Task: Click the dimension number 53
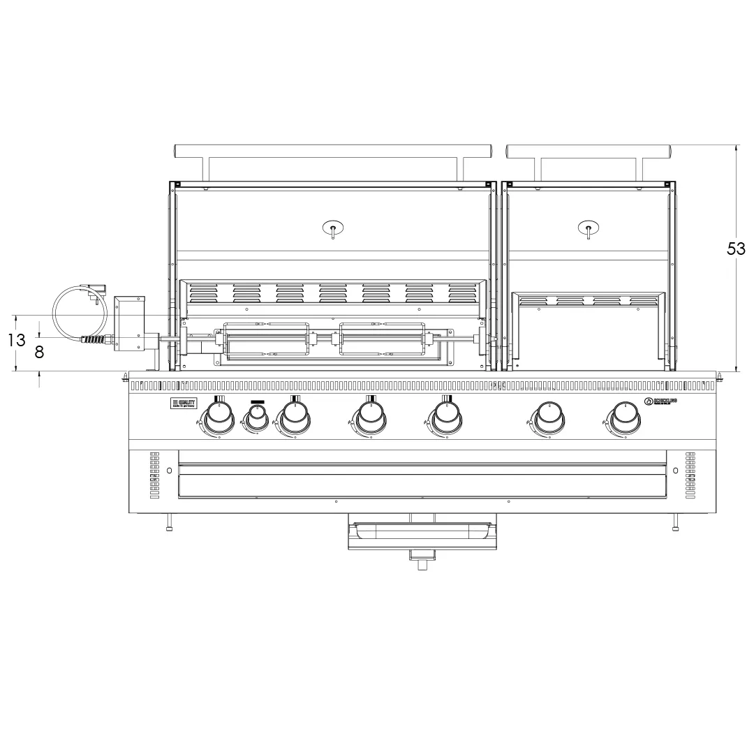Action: tap(736, 249)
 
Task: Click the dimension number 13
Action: tap(17, 341)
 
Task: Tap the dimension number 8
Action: tap(39, 353)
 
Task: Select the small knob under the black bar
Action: tap(256, 417)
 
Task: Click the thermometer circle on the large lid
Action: tap(333, 228)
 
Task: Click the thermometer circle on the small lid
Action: tap(589, 228)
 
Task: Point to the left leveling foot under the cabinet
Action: tap(169, 524)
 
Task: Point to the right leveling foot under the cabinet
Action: tap(675, 524)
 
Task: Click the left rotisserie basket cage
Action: tap(265, 342)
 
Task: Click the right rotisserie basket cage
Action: tap(381, 342)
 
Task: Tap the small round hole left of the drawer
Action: tap(169, 471)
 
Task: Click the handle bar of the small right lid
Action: tap(589, 150)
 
